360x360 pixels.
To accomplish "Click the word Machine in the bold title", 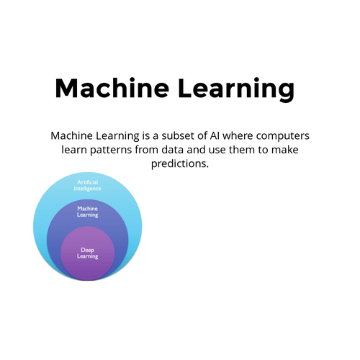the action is [112, 88].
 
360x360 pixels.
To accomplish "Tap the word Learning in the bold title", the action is [236, 89].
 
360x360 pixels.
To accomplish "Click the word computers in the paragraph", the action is [283, 137].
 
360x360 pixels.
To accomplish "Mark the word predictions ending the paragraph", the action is [180, 164].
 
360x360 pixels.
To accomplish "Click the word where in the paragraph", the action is [238, 136].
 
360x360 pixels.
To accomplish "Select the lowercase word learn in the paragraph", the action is [74, 150].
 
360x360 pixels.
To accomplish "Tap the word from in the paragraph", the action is [147, 150].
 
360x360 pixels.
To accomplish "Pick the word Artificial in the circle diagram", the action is [87, 182].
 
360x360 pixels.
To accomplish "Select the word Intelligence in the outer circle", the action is [87, 189].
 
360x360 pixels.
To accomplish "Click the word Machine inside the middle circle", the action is [87, 208].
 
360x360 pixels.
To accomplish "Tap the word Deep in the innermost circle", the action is [87, 251].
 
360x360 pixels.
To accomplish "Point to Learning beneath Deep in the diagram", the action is [87, 256].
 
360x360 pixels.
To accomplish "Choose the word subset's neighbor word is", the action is [145, 136].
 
